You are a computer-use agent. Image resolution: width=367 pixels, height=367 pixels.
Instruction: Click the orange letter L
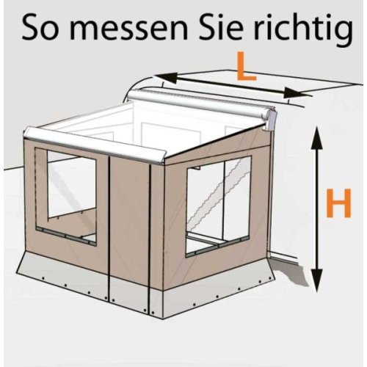click(245, 70)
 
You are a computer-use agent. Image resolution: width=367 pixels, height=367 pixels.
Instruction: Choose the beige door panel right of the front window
click(129, 220)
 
